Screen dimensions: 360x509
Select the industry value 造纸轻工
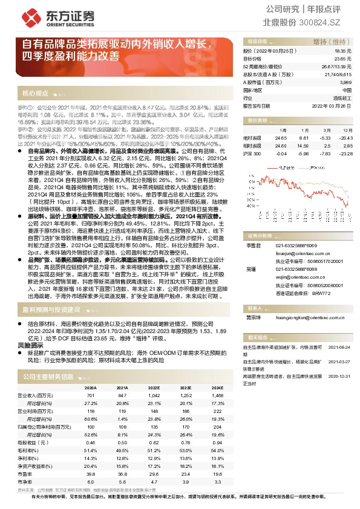coord(341,97)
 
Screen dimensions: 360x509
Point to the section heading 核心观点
coord(36,94)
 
